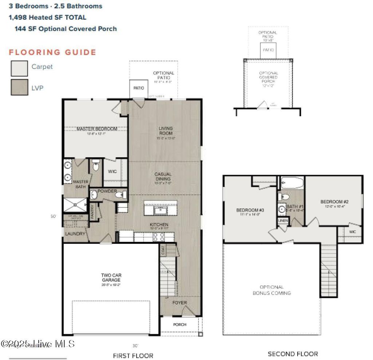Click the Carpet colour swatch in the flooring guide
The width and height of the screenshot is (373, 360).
click(19, 68)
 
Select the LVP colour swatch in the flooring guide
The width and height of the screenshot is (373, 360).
click(19, 87)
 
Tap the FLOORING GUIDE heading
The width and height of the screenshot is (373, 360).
click(52, 52)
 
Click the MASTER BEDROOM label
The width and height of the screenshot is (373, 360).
click(97, 129)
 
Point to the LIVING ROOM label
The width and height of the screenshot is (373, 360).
click(165, 130)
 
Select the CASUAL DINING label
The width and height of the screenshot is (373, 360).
click(163, 176)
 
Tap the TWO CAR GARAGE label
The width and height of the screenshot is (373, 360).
click(111, 278)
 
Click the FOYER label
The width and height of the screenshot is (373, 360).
click(180, 303)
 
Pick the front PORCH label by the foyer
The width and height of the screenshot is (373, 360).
click(180, 324)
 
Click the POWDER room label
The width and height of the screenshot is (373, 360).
click(107, 191)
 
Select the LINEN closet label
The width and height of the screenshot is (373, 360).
click(283, 221)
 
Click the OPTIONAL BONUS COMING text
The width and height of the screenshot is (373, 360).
click(272, 290)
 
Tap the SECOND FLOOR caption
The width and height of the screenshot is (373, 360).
click(292, 354)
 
